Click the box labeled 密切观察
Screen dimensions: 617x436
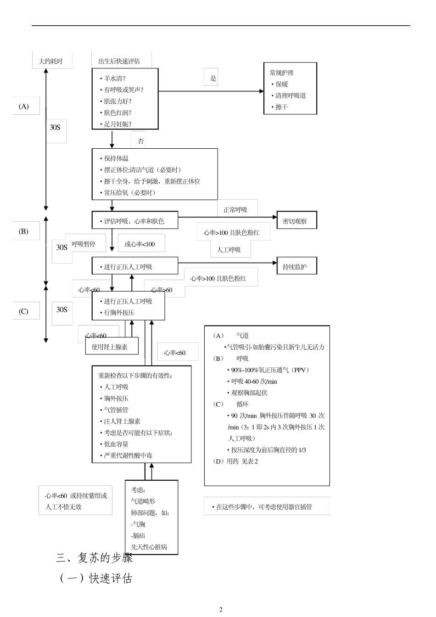[296, 221]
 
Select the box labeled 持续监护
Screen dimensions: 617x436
[296, 266]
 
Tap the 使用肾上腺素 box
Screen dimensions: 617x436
[112, 347]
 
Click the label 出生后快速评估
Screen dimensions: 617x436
[119, 61]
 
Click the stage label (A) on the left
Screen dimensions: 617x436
[24, 106]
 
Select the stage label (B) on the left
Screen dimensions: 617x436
[24, 231]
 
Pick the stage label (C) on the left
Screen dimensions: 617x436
[24, 311]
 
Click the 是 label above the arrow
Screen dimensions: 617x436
[213, 78]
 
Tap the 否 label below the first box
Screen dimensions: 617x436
[140, 141]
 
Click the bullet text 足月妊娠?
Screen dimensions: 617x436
[117, 124]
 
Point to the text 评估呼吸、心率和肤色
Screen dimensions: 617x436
[134, 221]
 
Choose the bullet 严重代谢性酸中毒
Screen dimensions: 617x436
[128, 455]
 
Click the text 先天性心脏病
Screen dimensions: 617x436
[149, 547]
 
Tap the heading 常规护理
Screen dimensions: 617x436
[282, 73]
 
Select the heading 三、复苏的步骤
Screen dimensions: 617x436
[95, 558]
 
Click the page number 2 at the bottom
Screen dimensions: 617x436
[221, 609]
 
